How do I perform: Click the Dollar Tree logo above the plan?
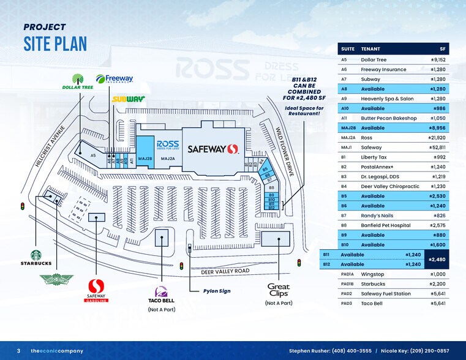pyautogui.click(x=77, y=81)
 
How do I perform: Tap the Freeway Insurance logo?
pyautogui.click(x=115, y=80)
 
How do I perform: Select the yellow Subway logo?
pyautogui.click(x=127, y=99)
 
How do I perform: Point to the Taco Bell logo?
pyautogui.click(x=162, y=296)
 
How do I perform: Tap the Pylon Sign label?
pyautogui.click(x=217, y=291)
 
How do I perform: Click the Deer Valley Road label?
pyautogui.click(x=225, y=271)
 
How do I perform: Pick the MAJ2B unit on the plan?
pyautogui.click(x=143, y=159)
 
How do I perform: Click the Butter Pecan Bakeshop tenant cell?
pyautogui.click(x=388, y=118)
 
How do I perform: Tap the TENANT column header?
pyautogui.click(x=370, y=50)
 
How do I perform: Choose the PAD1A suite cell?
pyautogui.click(x=347, y=274)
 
